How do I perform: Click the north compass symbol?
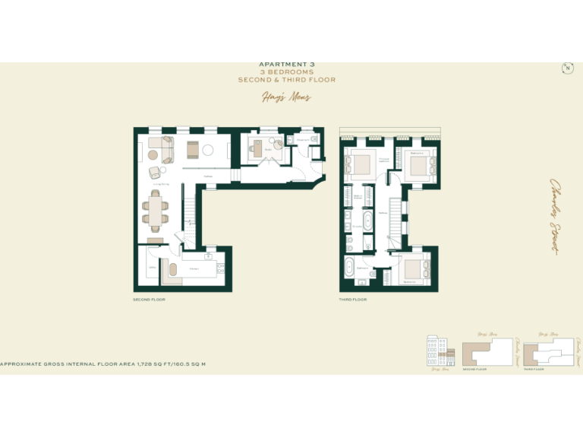pos(566,68)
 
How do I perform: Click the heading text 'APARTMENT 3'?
pos(286,65)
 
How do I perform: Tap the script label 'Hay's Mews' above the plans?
pos(286,97)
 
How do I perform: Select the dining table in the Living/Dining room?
pos(156,210)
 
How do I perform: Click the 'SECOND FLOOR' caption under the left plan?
pos(149,300)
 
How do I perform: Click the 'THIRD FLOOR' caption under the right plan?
pos(353,300)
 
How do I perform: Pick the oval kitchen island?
pos(172,270)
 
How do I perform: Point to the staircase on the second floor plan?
pos(190,221)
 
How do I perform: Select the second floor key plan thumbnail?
pos(485,352)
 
